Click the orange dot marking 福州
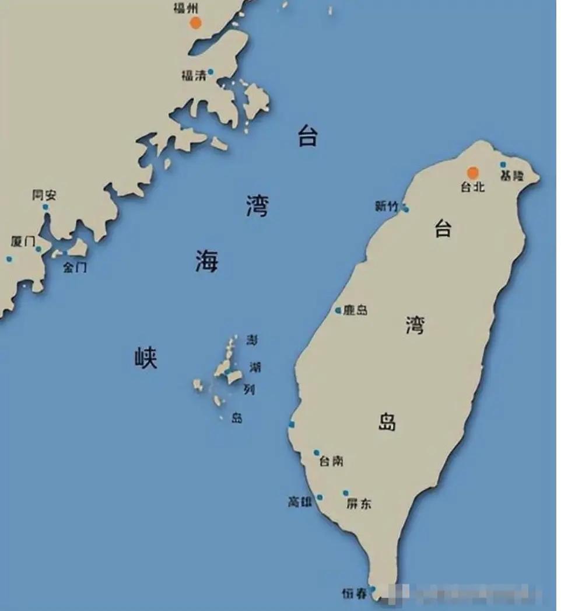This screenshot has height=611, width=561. pos(195,23)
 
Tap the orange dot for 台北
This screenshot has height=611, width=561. pos(473,173)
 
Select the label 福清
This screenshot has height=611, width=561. pos(194,75)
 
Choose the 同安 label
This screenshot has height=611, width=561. pos(44,195)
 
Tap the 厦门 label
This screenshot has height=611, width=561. pos(23,242)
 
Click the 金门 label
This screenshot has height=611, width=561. pos(75,268)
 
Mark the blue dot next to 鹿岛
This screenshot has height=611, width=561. pos(338,310)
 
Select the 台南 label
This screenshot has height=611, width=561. pos(331,461)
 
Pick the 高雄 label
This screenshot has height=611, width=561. pos(300,501)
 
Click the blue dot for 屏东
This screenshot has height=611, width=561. pos(346,493)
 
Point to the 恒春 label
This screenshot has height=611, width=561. pos(355,594)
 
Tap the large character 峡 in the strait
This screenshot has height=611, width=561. pos(146,357)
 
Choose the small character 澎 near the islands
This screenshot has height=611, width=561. pos(252,340)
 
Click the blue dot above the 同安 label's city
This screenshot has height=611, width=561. pos(45,207)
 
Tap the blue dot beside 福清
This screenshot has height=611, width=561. pos(211,72)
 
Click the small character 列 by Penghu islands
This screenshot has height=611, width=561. pos(249,389)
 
